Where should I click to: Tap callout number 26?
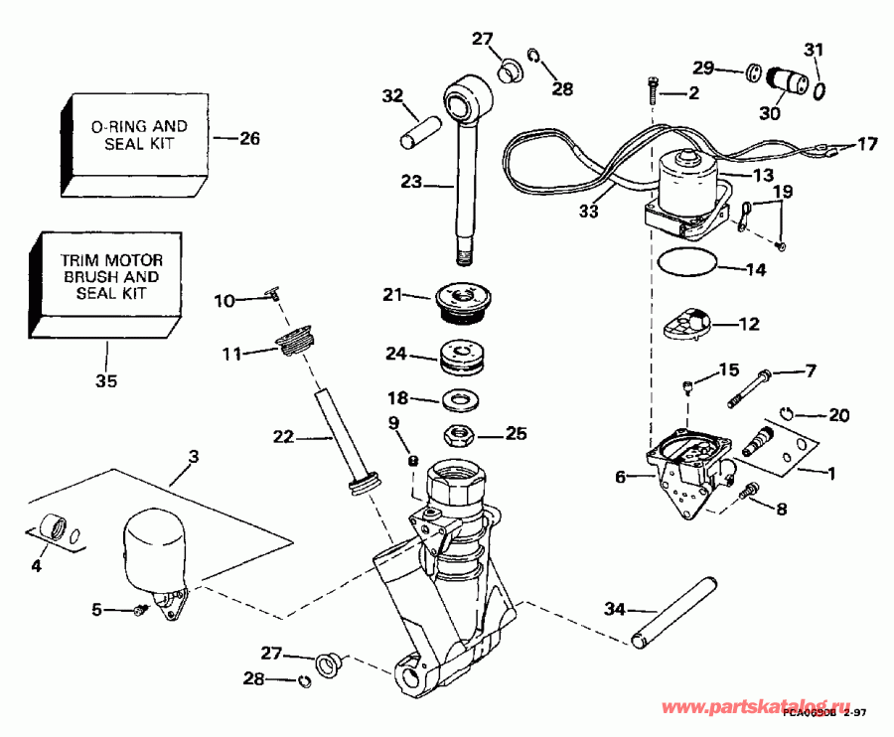point(248,139)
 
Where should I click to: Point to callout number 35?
point(106,379)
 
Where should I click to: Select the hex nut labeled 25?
point(460,433)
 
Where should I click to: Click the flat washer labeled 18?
point(459,399)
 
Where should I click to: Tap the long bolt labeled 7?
point(751,386)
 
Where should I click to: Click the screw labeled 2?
point(653,90)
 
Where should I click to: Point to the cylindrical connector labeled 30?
point(791,78)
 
